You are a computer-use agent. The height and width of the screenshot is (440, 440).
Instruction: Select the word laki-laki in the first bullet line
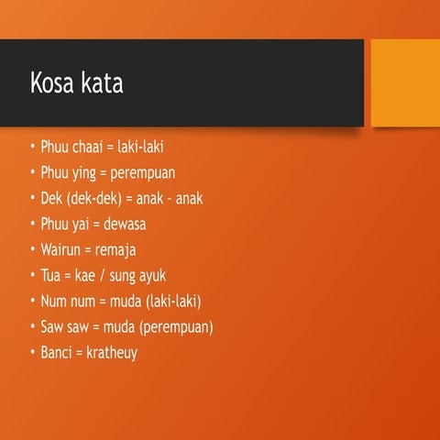[x=141, y=147]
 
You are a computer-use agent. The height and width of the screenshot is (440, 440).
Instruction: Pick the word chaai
[x=90, y=147]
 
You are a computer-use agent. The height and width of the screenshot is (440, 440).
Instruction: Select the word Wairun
[x=61, y=249]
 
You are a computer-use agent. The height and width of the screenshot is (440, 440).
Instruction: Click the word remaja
[x=116, y=249]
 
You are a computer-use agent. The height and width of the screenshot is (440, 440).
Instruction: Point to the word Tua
[x=52, y=275]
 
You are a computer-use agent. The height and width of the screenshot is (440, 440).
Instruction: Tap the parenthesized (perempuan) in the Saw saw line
[x=174, y=326]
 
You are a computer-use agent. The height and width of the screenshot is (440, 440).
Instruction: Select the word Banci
[x=59, y=352]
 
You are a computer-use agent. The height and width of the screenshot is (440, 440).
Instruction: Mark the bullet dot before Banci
[x=32, y=352]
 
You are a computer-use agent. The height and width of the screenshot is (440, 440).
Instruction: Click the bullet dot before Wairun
[x=32, y=249]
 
